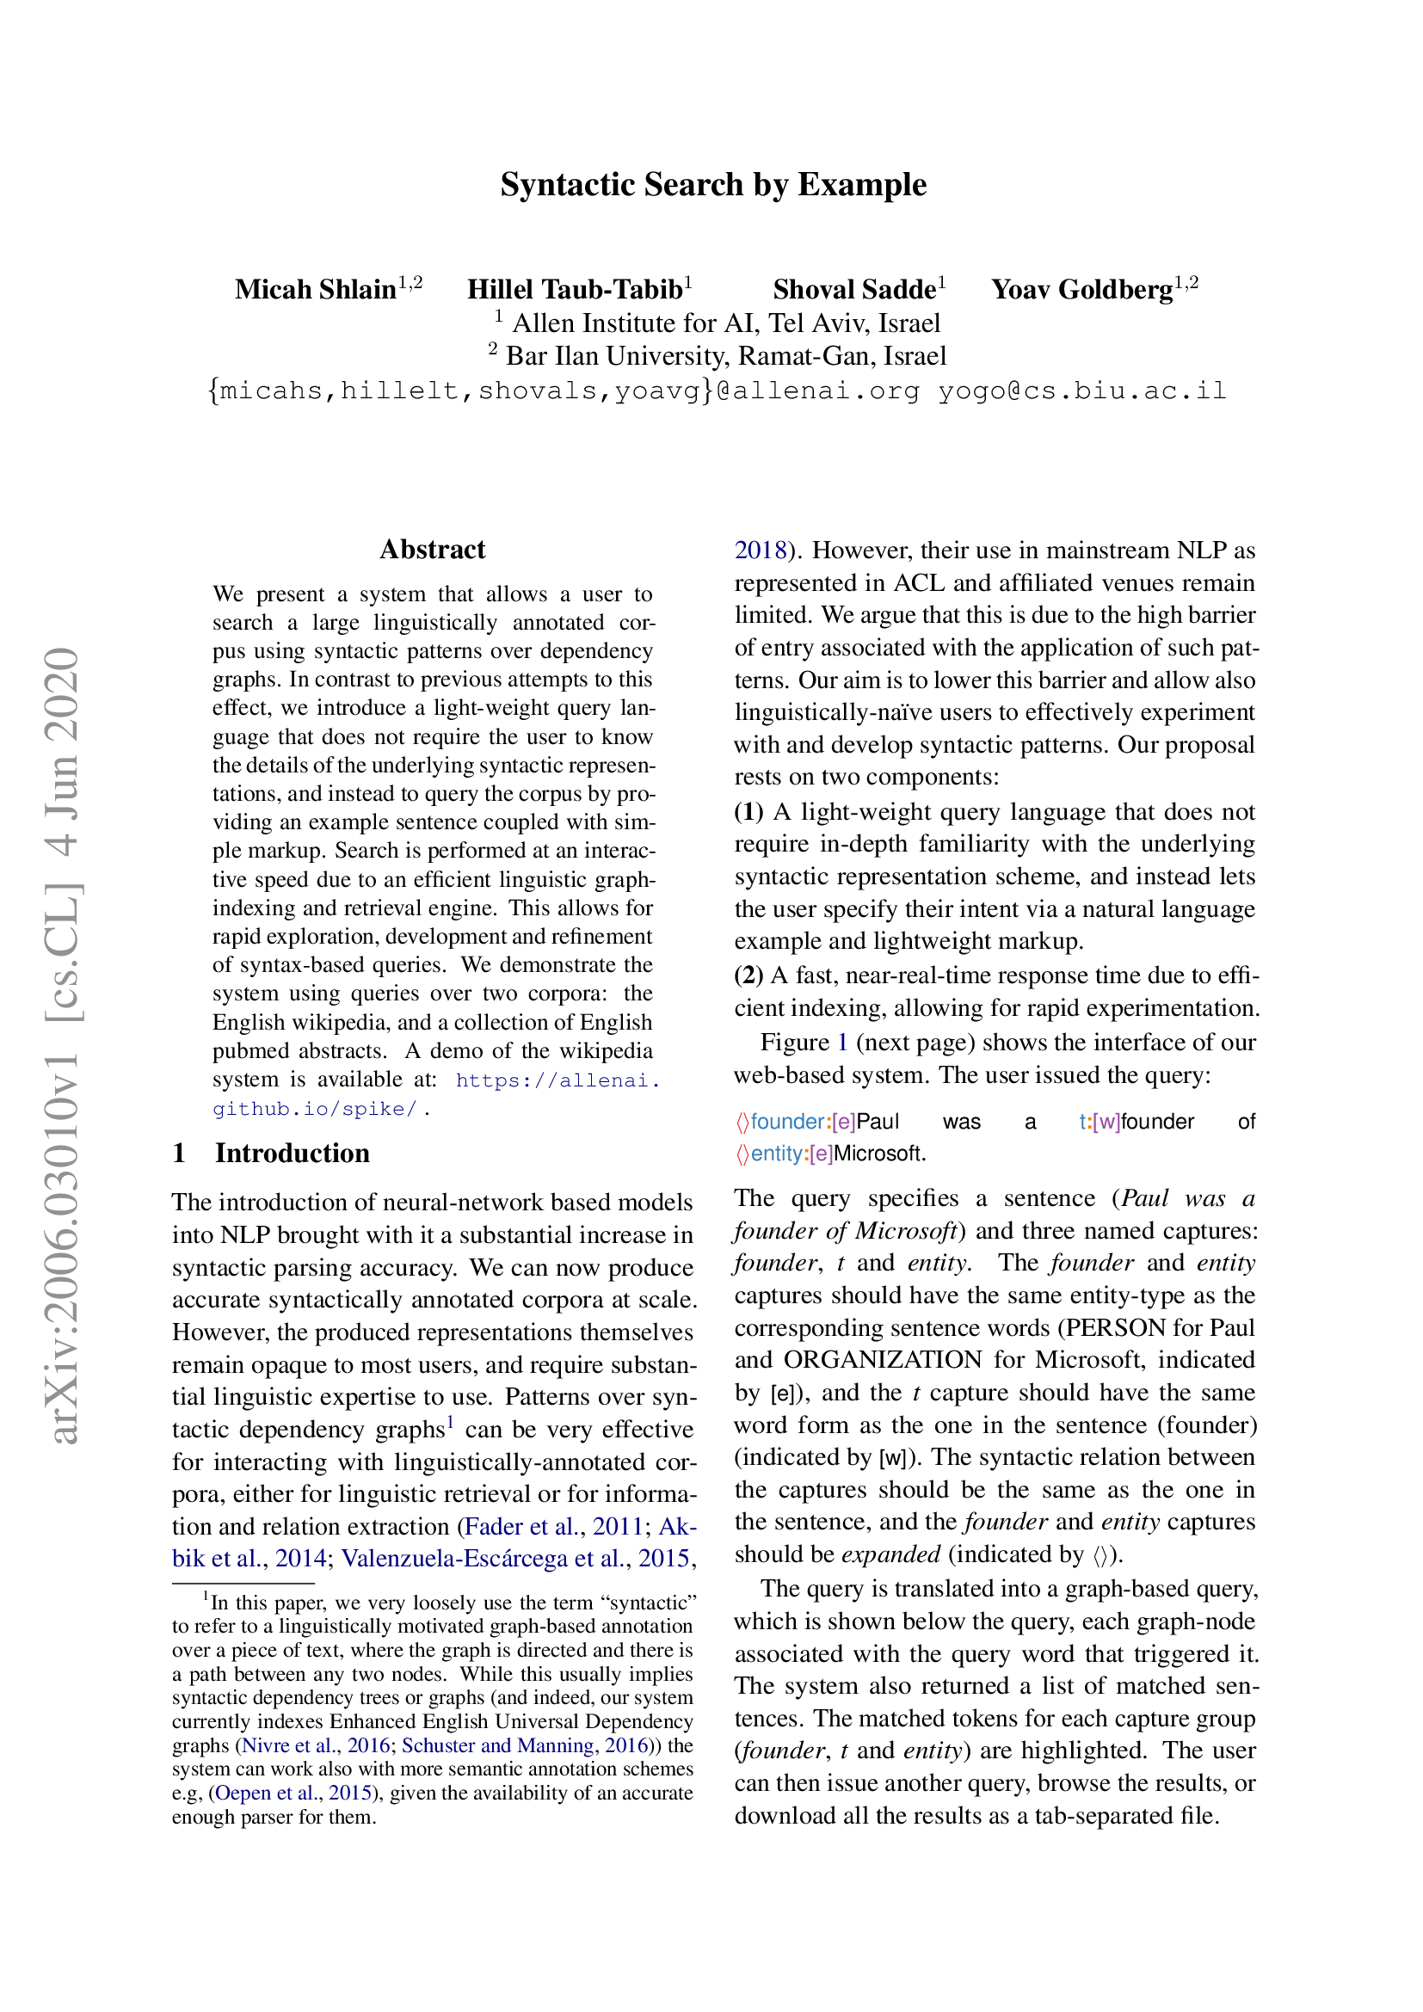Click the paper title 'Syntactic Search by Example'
click(712, 185)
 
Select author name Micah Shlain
click(316, 289)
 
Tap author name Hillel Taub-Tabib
click(574, 289)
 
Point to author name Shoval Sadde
click(853, 289)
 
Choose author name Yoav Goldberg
click(1081, 289)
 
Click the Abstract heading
click(432, 550)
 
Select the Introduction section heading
click(292, 1154)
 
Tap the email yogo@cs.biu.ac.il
click(1081, 391)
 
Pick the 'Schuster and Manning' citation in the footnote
click(496, 1745)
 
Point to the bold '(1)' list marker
click(748, 811)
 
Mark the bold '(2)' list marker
click(748, 975)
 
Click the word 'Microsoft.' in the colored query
click(879, 1154)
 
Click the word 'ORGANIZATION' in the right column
click(883, 1360)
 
